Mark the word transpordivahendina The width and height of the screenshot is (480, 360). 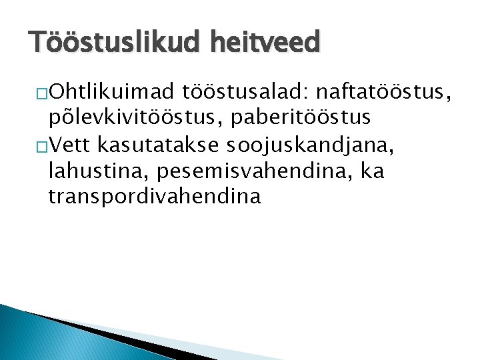155,197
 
